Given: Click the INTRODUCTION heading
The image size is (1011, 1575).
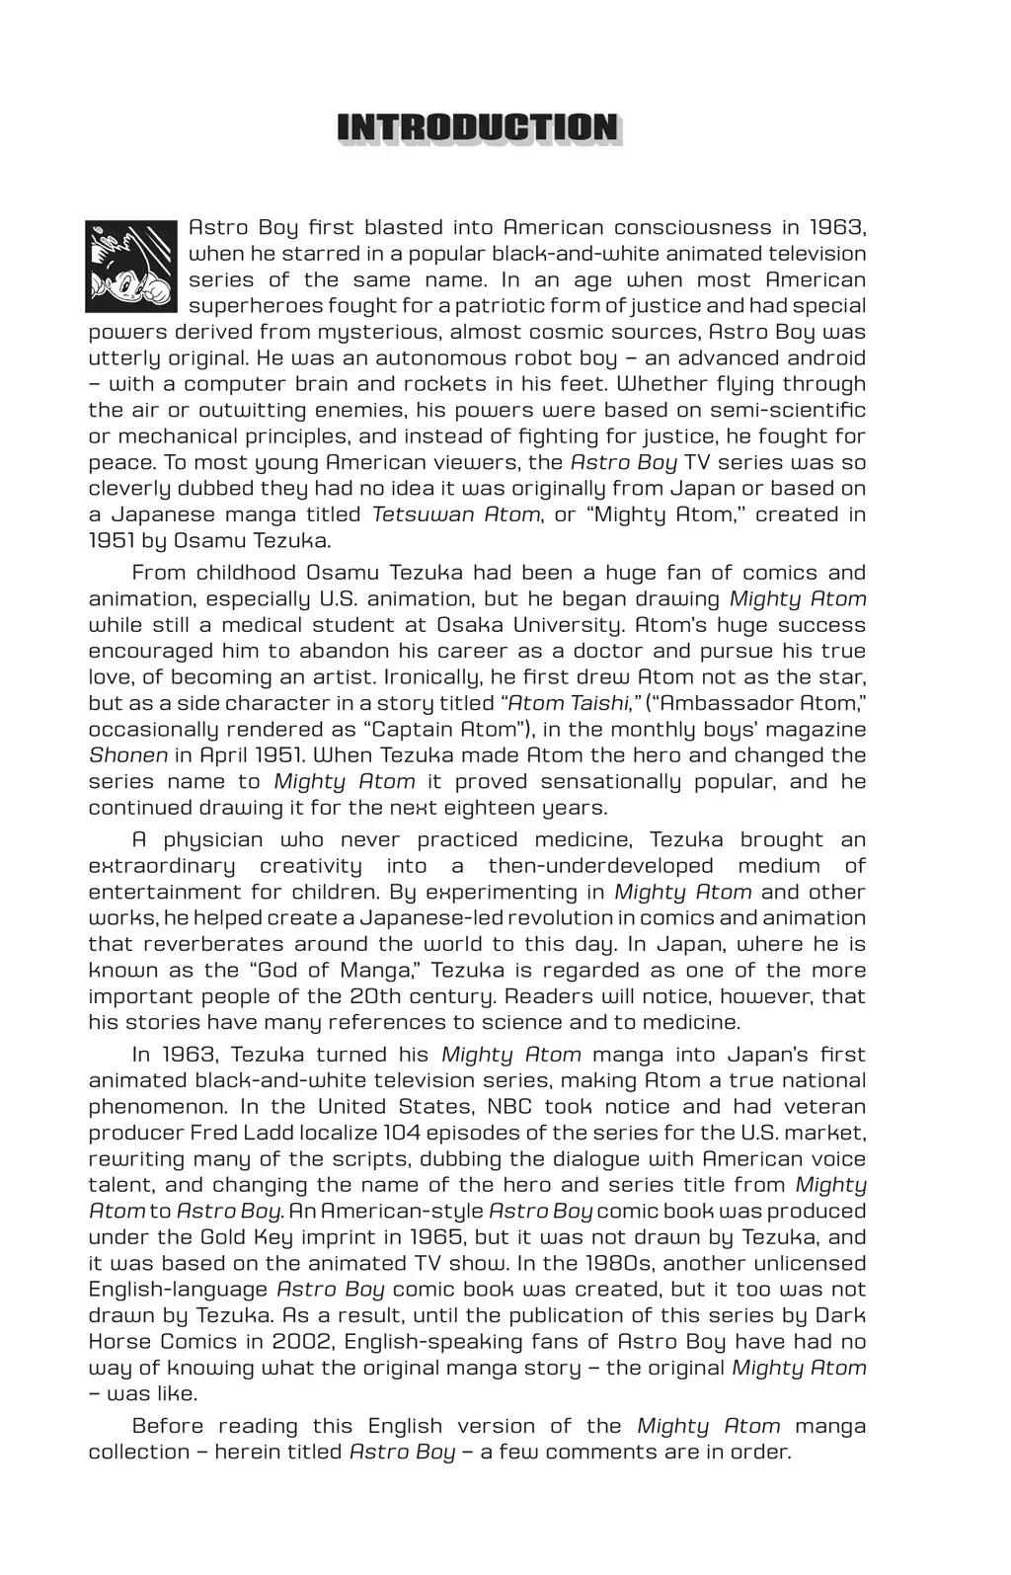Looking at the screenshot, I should point(479,128).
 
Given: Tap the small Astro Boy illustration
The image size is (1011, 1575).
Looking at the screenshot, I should point(132,266).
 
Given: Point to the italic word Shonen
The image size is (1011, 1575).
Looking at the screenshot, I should point(127,755).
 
